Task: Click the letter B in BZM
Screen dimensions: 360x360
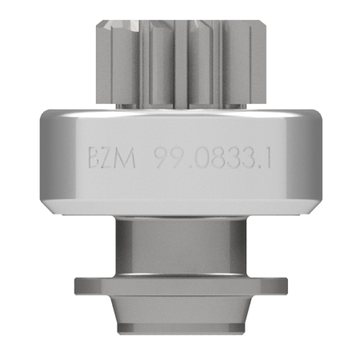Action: click(x=94, y=158)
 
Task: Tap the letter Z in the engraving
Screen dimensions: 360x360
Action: click(x=107, y=158)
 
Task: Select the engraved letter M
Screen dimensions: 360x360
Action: click(x=126, y=158)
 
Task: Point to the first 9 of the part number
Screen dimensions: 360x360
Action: click(x=162, y=158)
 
